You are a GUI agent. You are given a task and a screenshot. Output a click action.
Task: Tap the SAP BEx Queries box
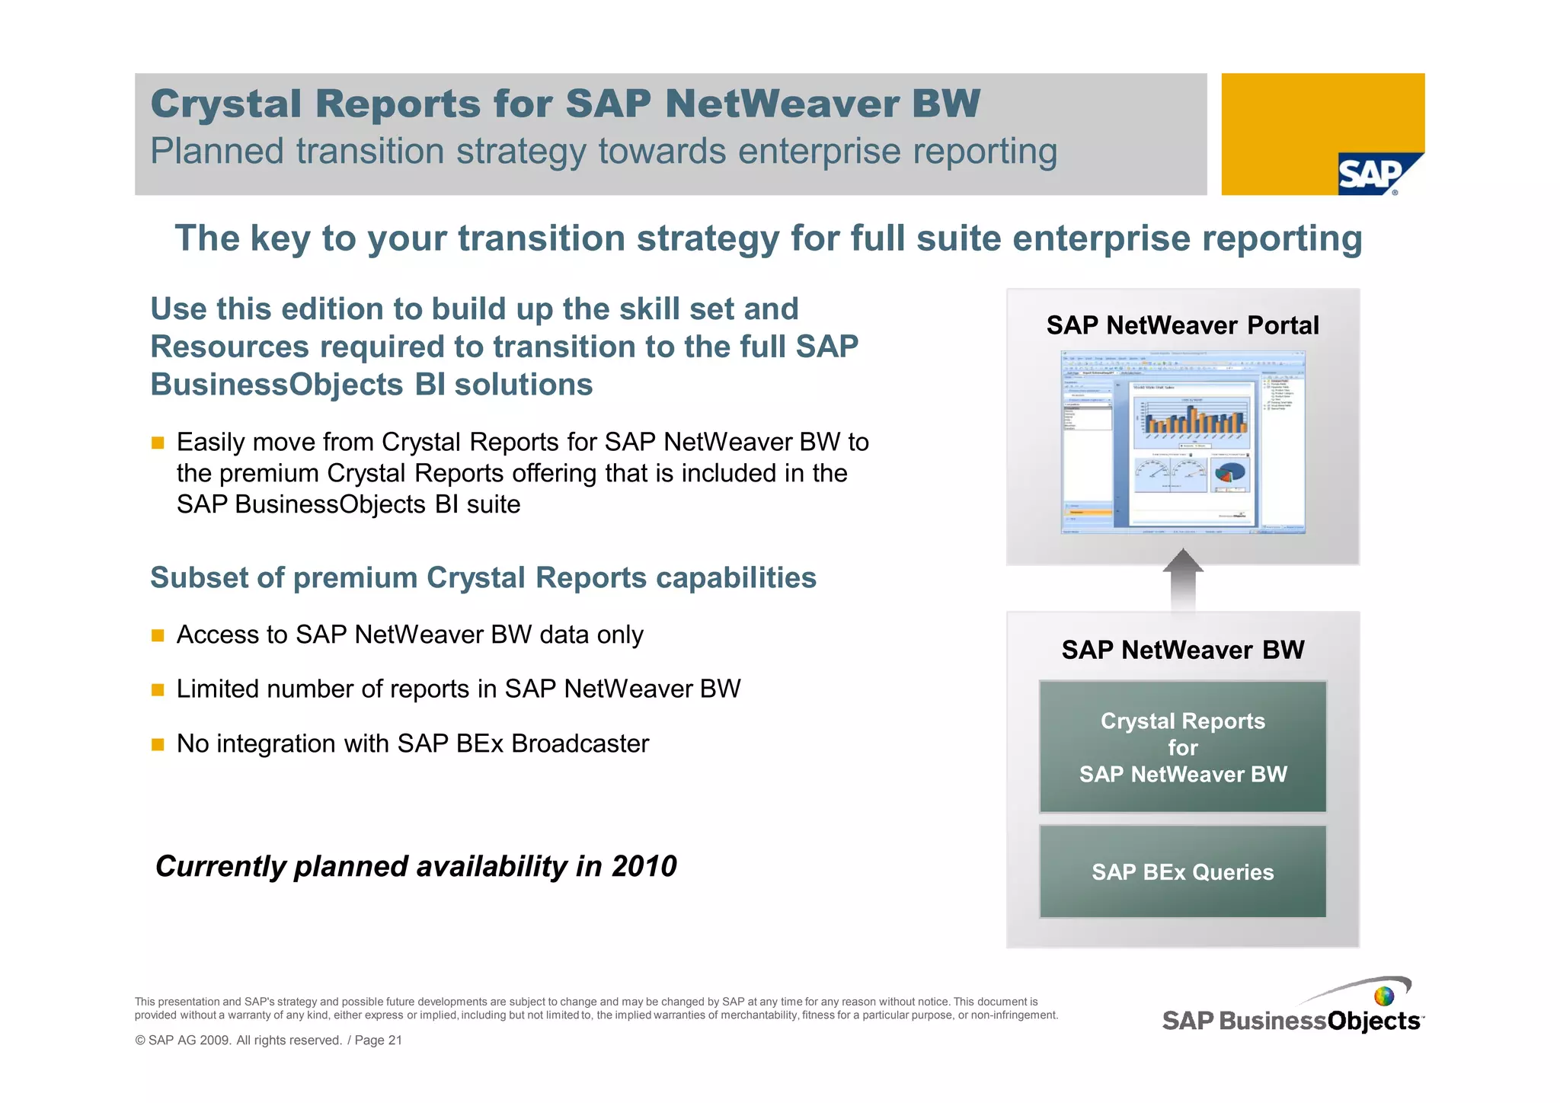[1182, 872]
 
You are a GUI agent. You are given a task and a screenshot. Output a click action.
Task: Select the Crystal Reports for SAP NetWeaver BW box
[1182, 747]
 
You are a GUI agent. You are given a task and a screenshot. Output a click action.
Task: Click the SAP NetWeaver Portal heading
[1182, 325]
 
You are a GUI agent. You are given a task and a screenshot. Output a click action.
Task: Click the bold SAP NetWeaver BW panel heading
[1182, 650]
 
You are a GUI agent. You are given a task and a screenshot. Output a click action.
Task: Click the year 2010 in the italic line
[644, 866]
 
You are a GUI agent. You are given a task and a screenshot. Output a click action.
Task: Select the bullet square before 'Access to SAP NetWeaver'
[158, 635]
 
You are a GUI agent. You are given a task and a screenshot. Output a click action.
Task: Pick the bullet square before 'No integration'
[158, 744]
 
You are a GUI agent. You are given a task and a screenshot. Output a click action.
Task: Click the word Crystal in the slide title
[225, 104]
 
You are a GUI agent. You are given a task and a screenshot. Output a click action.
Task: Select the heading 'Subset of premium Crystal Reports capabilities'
[483, 577]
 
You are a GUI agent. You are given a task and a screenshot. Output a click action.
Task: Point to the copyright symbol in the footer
[140, 1041]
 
